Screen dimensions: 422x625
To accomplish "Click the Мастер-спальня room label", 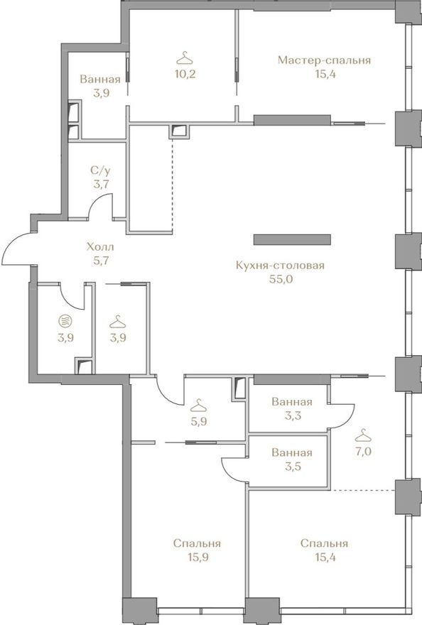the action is [324, 60].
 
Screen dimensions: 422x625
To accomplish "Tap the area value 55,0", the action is [281, 279].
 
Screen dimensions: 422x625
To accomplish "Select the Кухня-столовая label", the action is [280, 266].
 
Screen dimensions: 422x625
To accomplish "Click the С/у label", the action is [100, 171].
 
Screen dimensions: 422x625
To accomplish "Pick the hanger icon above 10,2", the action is [185, 58].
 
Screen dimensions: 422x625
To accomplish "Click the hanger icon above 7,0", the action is [362, 435].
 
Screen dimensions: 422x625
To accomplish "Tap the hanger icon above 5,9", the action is [199, 406].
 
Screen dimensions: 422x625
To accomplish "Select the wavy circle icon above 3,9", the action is [65, 320].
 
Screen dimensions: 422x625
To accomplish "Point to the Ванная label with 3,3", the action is [291, 401].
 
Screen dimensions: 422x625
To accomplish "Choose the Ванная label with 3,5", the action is [291, 452].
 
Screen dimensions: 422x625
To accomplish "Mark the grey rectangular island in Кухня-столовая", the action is [293, 239].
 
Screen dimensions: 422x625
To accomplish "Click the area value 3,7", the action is [100, 185].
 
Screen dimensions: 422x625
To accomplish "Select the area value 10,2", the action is [185, 74].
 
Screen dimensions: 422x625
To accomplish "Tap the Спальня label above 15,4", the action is [324, 543].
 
